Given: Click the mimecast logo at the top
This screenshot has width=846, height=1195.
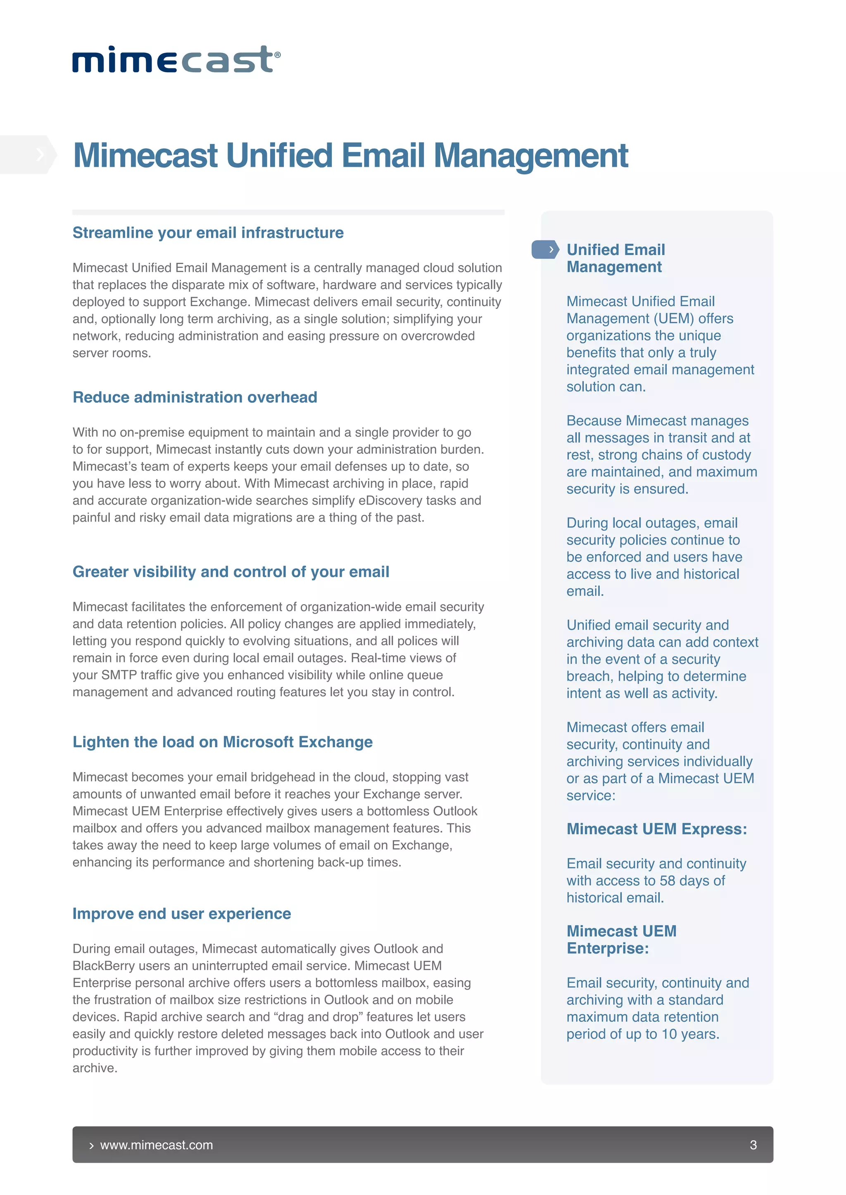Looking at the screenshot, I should pyautogui.click(x=176, y=59).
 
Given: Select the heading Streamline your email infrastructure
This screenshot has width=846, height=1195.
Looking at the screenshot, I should pyautogui.click(x=208, y=233).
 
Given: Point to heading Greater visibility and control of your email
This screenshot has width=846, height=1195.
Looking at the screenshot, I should pyautogui.click(x=231, y=572).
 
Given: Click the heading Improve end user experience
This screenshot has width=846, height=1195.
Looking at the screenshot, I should pyautogui.click(x=181, y=914).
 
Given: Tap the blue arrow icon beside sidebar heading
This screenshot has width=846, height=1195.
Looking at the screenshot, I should pyautogui.click(x=545, y=250).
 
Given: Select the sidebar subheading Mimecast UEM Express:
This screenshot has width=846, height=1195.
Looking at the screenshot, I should pyautogui.click(x=656, y=829).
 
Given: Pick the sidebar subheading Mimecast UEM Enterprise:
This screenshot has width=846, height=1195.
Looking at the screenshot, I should pyautogui.click(x=621, y=940).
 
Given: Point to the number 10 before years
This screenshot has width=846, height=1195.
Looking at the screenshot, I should pyautogui.click(x=669, y=1034).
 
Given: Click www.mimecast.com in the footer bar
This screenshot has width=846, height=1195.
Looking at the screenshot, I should pyautogui.click(x=156, y=1145).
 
